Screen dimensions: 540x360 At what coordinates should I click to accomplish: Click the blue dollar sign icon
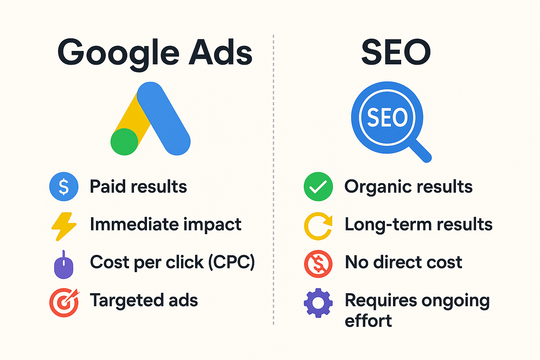pos(64,186)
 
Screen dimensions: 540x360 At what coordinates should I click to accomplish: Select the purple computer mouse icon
pos(64,265)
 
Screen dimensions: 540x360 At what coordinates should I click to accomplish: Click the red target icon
pos(64,302)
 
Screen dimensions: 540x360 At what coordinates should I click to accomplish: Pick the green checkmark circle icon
pos(318,186)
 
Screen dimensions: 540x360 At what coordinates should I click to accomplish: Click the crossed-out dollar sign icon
pos(318,264)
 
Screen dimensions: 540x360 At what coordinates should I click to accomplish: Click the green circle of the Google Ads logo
pos(124,142)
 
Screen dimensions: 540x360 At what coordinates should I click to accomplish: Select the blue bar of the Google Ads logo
pos(164,118)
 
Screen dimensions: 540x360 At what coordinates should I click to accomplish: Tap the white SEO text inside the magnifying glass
pos(387,117)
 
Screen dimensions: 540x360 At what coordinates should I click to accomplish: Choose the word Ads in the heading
pos(220,52)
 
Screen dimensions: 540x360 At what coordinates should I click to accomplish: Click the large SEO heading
pos(396,52)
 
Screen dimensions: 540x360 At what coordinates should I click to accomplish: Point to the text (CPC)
pos(232,262)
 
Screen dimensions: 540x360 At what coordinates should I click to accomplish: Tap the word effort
pos(368,321)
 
